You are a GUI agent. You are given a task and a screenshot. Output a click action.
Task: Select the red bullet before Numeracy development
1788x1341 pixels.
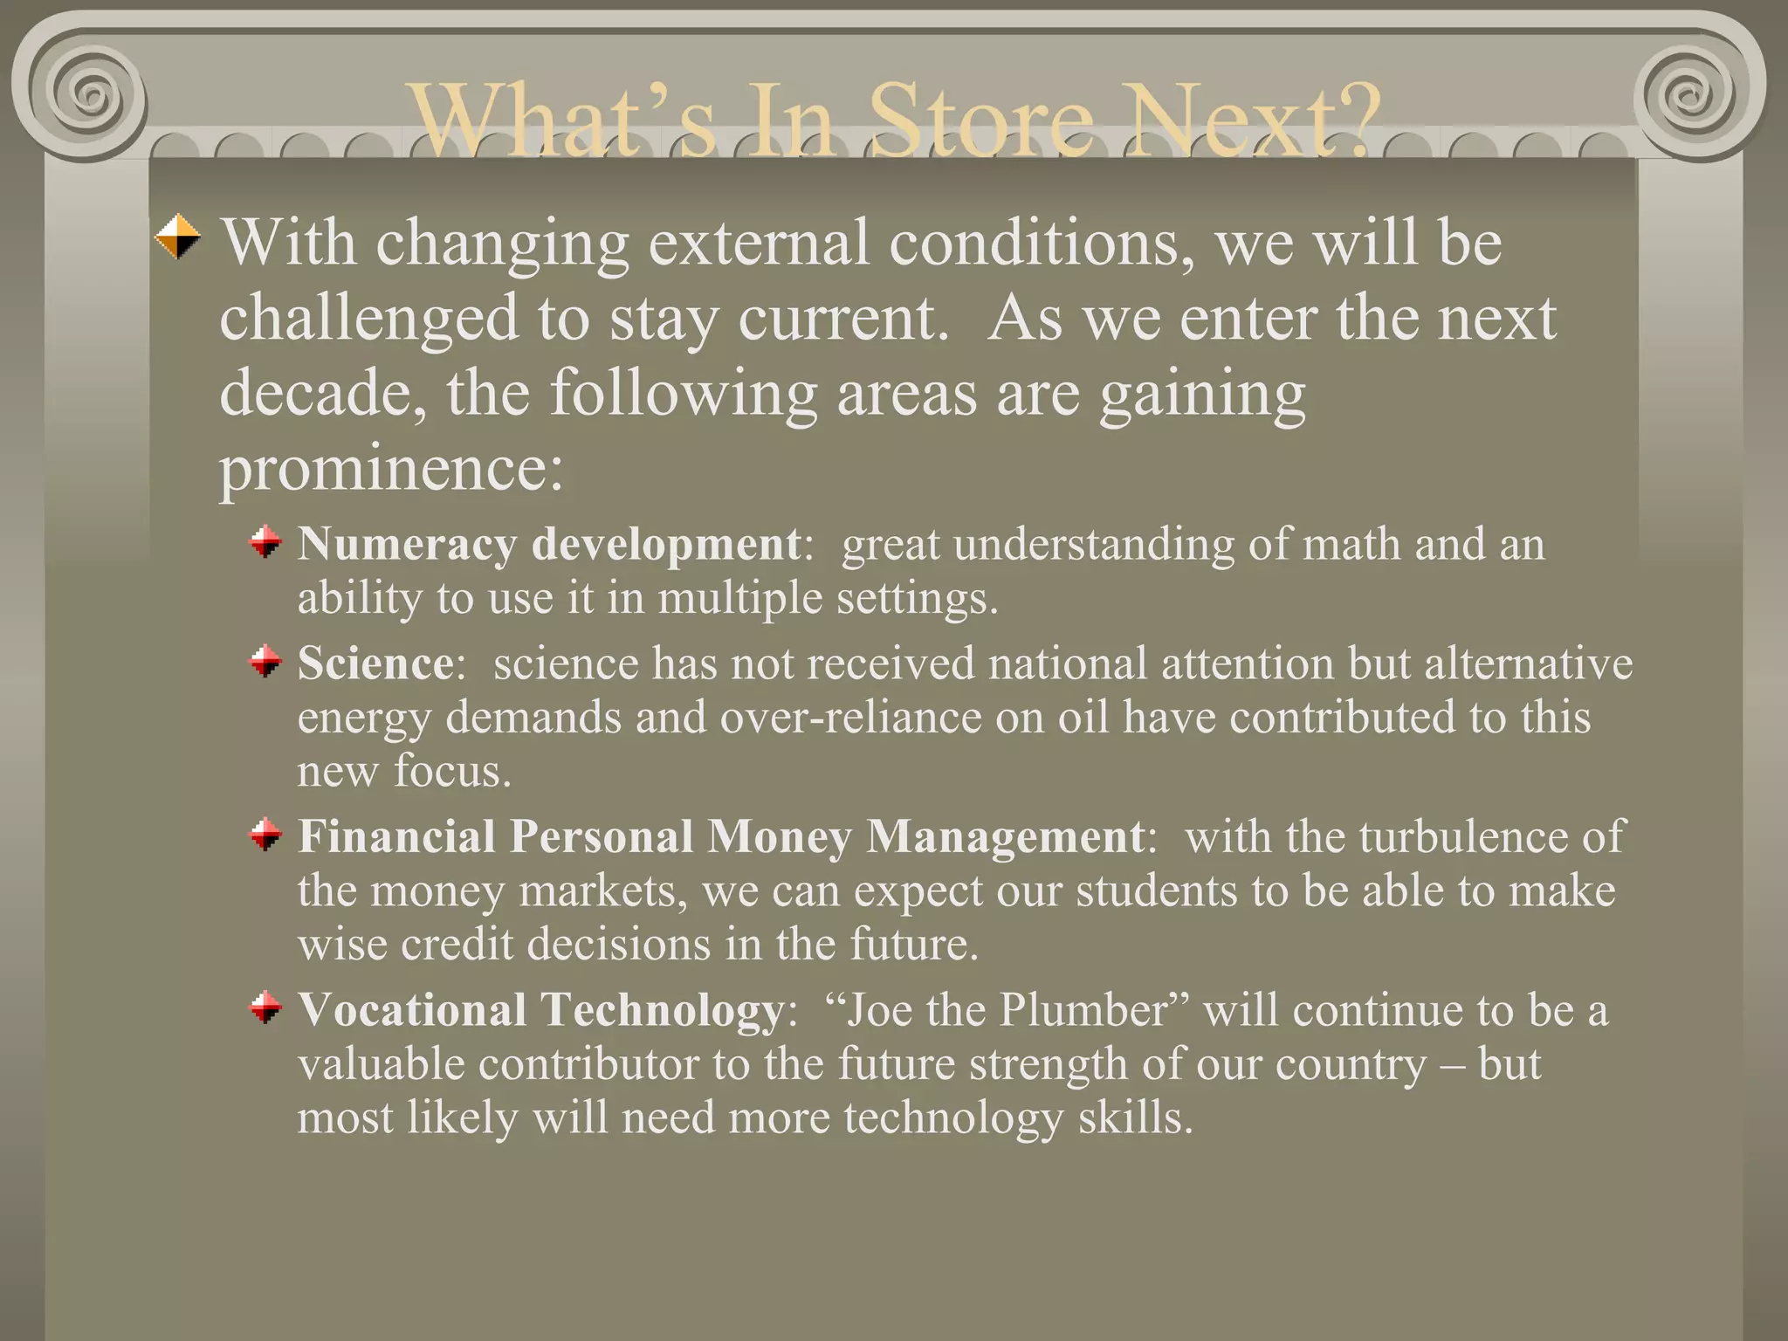tap(265, 543)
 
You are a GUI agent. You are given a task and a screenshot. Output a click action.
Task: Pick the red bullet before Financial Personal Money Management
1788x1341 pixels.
tap(265, 836)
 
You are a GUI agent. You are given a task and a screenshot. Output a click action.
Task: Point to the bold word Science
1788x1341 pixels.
tap(375, 664)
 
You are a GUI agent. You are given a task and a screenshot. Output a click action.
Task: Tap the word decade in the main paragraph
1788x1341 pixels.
tap(322, 394)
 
